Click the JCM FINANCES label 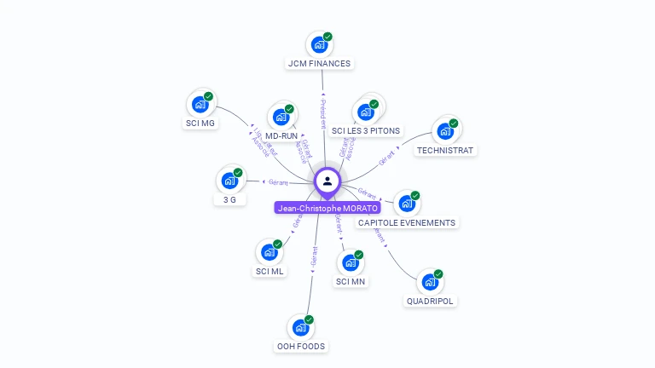pyautogui.click(x=319, y=63)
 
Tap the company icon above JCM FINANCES pyautogui.click(x=320, y=43)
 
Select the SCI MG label pyautogui.click(x=200, y=124)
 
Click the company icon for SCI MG pyautogui.click(x=200, y=104)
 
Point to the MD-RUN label pyautogui.click(x=281, y=135)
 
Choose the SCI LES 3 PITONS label pyautogui.click(x=366, y=130)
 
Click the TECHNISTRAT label pyautogui.click(x=445, y=151)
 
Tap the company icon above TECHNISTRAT pyautogui.click(x=445, y=131)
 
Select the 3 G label pyautogui.click(x=229, y=199)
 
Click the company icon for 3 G pyautogui.click(x=229, y=181)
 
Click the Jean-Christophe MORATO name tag pyautogui.click(x=327, y=208)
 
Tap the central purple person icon pyautogui.click(x=327, y=181)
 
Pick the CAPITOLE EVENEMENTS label pyautogui.click(x=407, y=222)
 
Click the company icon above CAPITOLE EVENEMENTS pyautogui.click(x=407, y=204)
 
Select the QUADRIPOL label pyautogui.click(x=430, y=301)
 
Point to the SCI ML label pyautogui.click(x=270, y=272)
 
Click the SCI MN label pyautogui.click(x=351, y=282)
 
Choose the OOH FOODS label pyautogui.click(x=301, y=346)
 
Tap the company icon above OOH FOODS pyautogui.click(x=301, y=327)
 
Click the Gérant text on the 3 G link pyautogui.click(x=278, y=182)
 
